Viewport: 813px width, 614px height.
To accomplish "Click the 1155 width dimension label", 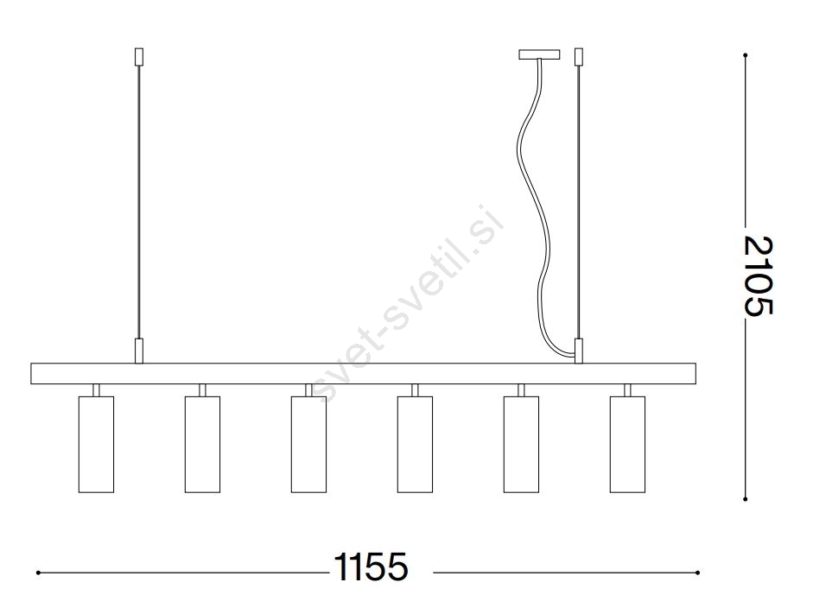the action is coord(371,567).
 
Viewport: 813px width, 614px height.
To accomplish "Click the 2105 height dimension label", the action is coord(759,275).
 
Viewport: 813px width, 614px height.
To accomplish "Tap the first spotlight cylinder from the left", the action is coord(96,444).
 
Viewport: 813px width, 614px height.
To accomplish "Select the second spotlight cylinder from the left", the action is coord(202,444).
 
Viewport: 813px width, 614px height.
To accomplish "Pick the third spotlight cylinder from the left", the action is coord(308,444).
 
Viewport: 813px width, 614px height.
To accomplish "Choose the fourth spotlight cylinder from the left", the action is coord(415,444).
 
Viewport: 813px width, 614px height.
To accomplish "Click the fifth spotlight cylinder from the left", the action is coord(521,444).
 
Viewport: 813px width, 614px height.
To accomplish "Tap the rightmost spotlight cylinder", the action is coord(627,444).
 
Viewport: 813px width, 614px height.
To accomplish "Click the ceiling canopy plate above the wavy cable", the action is coord(540,54).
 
